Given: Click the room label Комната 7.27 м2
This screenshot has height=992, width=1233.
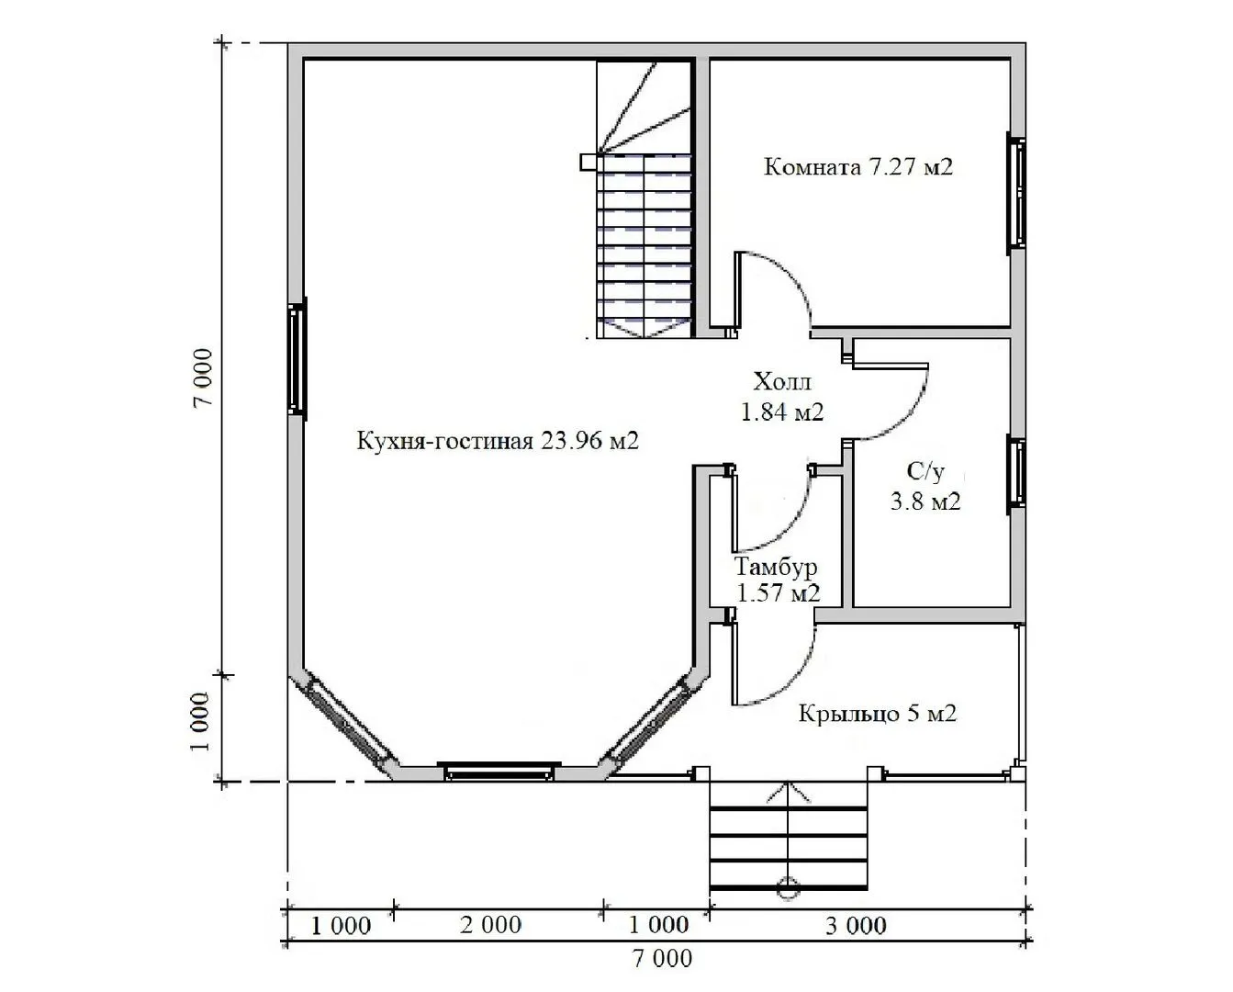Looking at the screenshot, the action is coord(857,167).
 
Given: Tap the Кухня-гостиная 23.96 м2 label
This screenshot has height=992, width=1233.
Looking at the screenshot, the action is coord(498,441).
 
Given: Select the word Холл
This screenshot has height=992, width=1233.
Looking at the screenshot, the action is coord(782,381).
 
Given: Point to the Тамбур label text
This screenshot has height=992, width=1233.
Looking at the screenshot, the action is coord(776,567).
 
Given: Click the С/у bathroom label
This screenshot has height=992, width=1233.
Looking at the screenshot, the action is coord(925,471).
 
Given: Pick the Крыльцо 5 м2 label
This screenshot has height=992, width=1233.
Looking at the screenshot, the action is coord(878,715).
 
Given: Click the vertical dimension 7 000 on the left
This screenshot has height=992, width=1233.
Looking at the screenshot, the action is coord(203,378).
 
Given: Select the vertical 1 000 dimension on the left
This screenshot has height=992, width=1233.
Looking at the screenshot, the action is coord(199,723).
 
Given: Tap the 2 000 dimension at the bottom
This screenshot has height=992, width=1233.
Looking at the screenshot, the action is coord(490,925).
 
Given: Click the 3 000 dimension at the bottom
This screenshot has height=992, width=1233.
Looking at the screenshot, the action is coord(856,926).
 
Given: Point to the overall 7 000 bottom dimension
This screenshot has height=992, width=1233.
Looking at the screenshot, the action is coord(662,958).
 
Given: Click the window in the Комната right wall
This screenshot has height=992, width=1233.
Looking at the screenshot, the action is coord(1016,194).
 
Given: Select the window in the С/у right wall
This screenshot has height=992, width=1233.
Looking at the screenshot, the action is coord(1016,474).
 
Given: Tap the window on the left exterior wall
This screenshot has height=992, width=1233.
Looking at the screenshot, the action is coord(297,358).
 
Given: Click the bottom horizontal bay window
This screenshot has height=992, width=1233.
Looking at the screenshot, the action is coord(499,772).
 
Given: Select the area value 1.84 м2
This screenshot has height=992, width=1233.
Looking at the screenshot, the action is coord(782,411).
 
